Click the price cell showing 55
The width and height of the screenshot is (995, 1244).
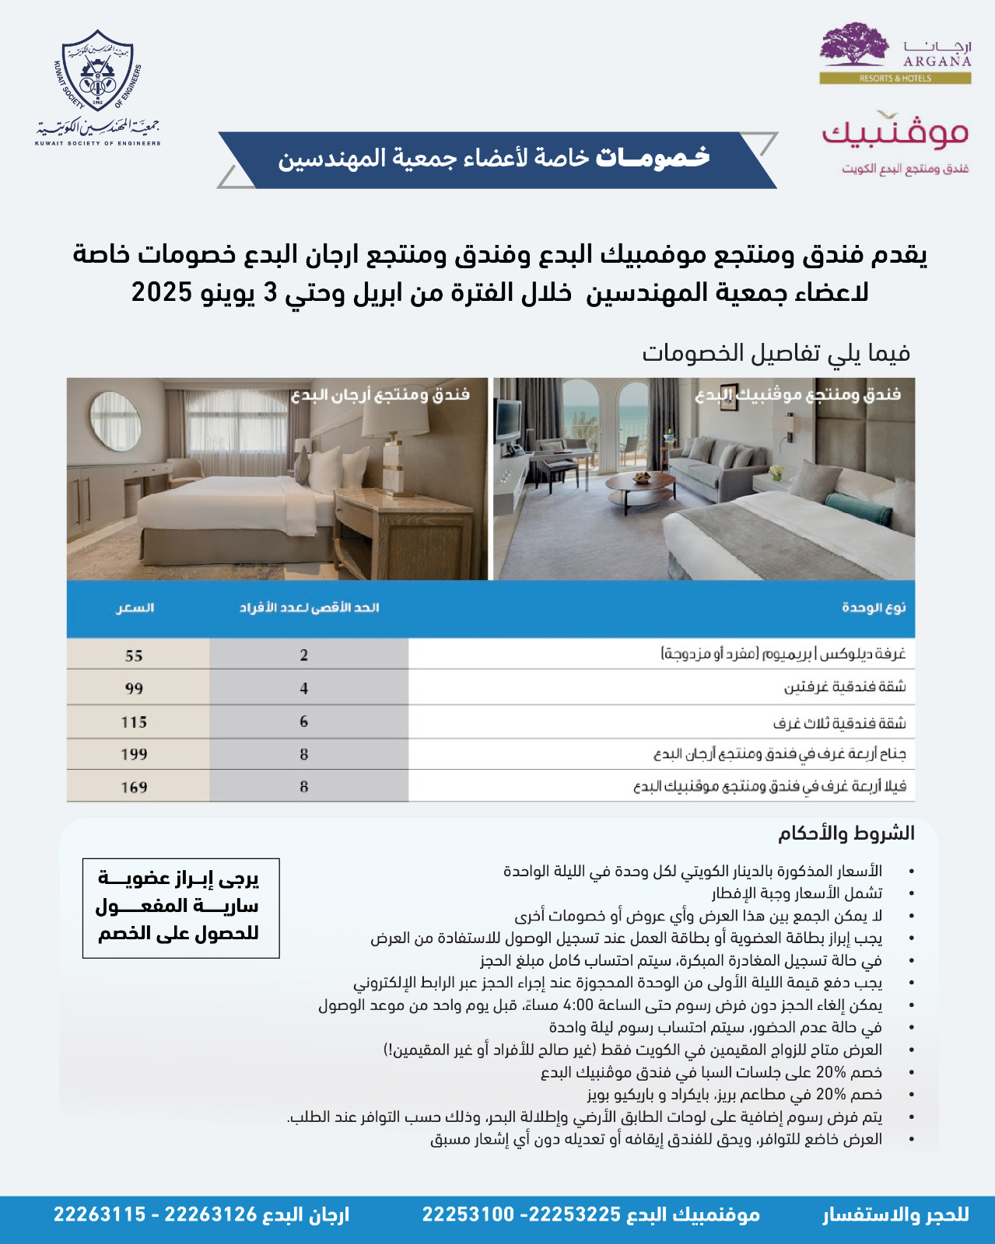pyautogui.click(x=134, y=655)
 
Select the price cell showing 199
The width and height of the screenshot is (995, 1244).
pyautogui.click(x=134, y=754)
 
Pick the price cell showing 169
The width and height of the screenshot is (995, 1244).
pyautogui.click(x=134, y=788)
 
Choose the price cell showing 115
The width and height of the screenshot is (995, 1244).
pyautogui.click(x=134, y=722)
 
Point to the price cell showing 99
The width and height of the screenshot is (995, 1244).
pyautogui.click(x=134, y=689)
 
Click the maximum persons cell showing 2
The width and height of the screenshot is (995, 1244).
pyautogui.click(x=304, y=655)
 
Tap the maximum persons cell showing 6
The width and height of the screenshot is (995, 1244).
pyautogui.click(x=304, y=722)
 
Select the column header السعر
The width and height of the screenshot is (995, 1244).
pyautogui.click(x=135, y=608)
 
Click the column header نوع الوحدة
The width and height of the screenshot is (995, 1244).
pyautogui.click(x=874, y=608)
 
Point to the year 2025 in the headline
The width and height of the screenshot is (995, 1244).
pyautogui.click(x=162, y=293)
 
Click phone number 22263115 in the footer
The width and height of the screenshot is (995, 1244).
pyautogui.click(x=100, y=1214)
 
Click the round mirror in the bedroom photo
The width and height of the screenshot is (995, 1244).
pyautogui.click(x=116, y=421)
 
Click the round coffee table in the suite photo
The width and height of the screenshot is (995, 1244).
pyautogui.click(x=640, y=483)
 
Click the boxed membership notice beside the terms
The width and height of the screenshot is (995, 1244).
pyautogui.click(x=180, y=907)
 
